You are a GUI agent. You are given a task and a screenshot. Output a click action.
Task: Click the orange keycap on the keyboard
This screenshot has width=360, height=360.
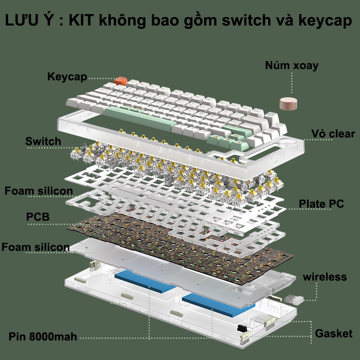click(120, 81)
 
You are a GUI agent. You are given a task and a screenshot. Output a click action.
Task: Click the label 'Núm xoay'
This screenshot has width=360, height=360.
click(292, 66)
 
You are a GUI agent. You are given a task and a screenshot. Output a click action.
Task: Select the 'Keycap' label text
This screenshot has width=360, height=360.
click(67, 76)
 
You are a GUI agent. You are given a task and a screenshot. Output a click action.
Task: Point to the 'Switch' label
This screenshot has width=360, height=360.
click(43, 141)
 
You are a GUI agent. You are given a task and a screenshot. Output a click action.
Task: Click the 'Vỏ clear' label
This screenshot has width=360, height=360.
click(333, 134)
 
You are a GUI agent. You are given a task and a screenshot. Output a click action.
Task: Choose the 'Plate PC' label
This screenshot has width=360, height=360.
click(321, 204)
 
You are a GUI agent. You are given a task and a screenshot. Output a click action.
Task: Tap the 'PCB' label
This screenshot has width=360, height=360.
click(38, 217)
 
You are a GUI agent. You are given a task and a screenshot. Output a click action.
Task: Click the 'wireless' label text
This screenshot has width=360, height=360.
click(324, 276)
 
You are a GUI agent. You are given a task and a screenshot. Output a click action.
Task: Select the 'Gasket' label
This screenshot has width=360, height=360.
click(333, 333)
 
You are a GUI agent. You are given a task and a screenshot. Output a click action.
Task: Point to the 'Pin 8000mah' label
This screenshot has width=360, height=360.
click(43, 337)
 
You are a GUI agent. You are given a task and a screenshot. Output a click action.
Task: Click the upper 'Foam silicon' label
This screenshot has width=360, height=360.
click(39, 191)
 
